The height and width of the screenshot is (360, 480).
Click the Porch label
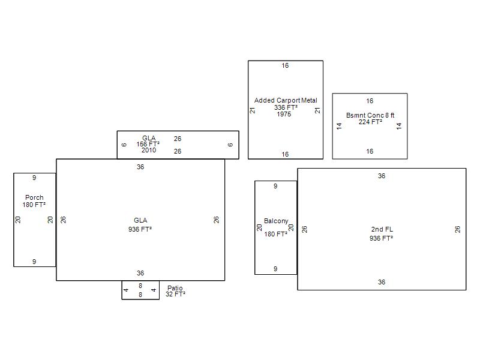coord(34,197)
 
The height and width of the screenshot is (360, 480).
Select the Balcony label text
coord(276,221)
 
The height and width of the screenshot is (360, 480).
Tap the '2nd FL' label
coord(382,229)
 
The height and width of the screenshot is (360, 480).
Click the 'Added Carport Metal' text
coord(286,100)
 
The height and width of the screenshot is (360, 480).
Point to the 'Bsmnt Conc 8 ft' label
coord(370,115)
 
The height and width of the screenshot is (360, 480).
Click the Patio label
coord(175,288)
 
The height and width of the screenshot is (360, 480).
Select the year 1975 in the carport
coord(284,114)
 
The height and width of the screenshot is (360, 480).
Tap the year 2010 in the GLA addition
coord(149,150)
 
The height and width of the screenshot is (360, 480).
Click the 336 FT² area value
coord(286,107)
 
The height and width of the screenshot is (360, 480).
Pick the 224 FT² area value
coord(370,122)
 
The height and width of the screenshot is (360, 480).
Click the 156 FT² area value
coord(148,144)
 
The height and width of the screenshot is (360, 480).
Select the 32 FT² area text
coord(175,294)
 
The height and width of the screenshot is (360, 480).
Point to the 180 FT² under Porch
coord(34,205)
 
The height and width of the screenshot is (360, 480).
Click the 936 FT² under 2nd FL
coord(381,238)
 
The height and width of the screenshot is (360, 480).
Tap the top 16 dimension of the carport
coord(285,65)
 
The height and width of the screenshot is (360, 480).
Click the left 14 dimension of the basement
coord(339,126)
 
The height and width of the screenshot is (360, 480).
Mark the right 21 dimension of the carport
coord(318,110)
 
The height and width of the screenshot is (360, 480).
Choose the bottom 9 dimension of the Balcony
coord(275,269)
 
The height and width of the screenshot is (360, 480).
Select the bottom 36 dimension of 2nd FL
coord(382,282)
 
